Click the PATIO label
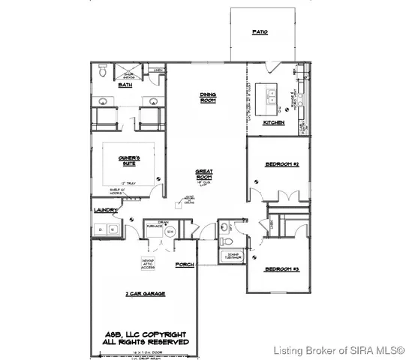coord(260,33)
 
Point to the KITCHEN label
coord(273,122)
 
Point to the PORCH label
coord(185,265)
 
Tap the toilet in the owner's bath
coord(101,71)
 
